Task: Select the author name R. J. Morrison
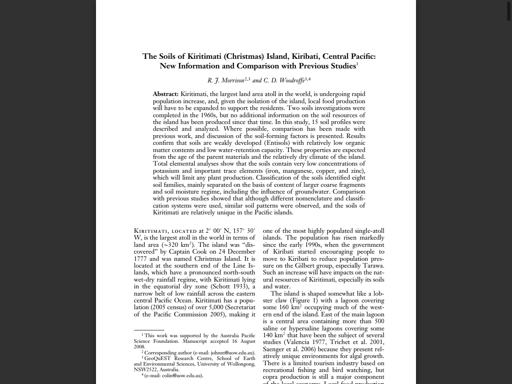click(226, 80)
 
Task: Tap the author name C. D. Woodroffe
click(284, 80)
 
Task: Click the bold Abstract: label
click(166, 94)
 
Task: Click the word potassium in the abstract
click(167, 171)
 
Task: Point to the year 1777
click(140, 259)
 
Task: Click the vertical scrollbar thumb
click(509, 11)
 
